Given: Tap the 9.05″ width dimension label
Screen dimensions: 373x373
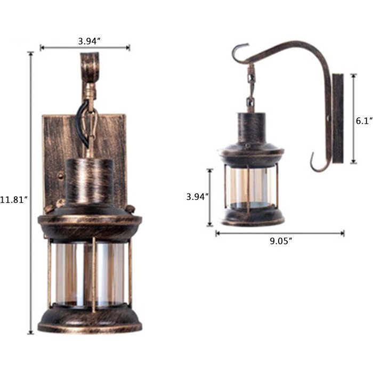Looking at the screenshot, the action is pos(281,241).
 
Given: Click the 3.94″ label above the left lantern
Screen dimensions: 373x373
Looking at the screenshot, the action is pos(89,41).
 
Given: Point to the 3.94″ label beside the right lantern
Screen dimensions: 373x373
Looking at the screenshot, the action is pos(198,197).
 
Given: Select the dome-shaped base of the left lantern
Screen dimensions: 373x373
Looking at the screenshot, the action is pos(90,320).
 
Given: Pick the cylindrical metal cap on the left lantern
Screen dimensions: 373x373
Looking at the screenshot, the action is pos(90,182).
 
